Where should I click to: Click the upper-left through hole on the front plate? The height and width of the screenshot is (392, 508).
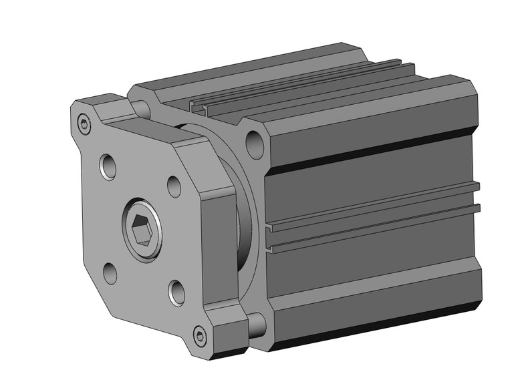107,166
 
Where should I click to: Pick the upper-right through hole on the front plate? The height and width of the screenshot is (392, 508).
173,186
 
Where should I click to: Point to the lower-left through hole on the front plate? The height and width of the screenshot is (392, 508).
110,273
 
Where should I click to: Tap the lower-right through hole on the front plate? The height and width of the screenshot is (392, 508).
176,292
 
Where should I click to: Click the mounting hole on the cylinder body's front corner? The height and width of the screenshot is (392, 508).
254,142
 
